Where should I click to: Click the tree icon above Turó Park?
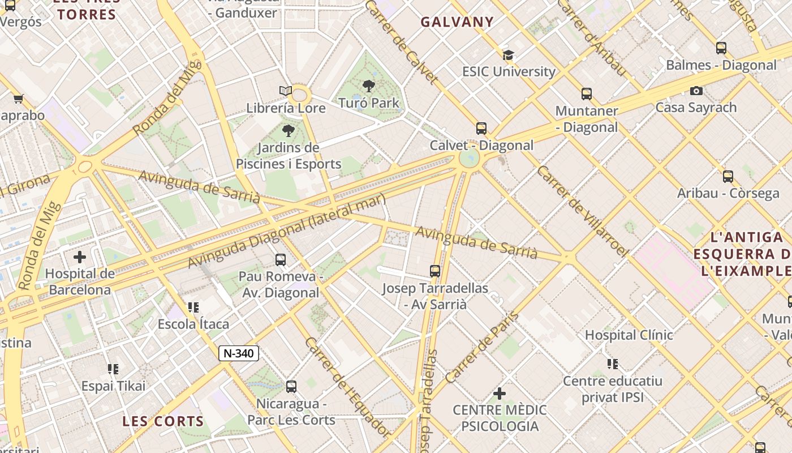(369, 86)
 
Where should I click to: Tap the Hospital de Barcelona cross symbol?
(80, 257)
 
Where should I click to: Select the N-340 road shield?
(239, 353)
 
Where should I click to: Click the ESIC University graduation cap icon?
(509, 55)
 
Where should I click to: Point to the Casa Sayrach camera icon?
(696, 91)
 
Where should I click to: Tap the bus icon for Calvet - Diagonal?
(481, 129)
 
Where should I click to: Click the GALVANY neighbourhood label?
(457, 22)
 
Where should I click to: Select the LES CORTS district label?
(163, 421)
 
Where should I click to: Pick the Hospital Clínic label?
(629, 335)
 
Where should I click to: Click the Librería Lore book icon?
(286, 91)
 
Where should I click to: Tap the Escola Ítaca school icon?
(193, 307)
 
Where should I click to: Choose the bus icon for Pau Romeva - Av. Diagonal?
(281, 260)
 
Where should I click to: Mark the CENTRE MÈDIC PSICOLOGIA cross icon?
(500, 393)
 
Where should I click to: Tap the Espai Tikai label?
(113, 386)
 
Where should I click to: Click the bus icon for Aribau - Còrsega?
(728, 177)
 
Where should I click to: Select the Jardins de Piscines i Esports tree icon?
(289, 131)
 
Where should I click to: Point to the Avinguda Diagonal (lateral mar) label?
(286, 230)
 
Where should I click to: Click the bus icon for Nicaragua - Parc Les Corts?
(291, 387)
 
